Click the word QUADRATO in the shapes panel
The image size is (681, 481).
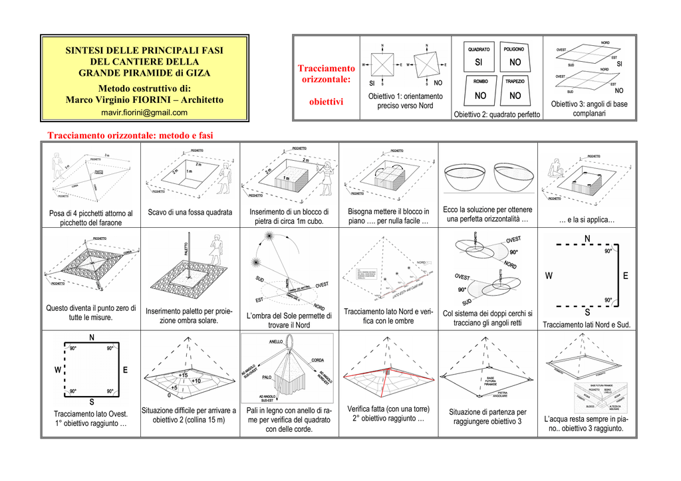click(479, 49)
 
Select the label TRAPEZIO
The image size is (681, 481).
click(515, 81)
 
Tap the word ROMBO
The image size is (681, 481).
click(480, 81)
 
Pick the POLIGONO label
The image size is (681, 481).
click(513, 49)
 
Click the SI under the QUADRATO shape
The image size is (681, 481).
click(479, 62)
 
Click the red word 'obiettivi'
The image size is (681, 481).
click(326, 102)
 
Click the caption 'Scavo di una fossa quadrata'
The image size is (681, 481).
click(190, 213)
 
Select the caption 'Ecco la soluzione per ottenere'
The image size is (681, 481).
click(487, 210)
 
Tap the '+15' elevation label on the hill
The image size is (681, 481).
click(183, 375)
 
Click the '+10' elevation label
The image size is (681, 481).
click(196, 381)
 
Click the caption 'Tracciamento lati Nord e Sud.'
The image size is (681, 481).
click(587, 325)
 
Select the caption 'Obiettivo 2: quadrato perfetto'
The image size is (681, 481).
click(497, 115)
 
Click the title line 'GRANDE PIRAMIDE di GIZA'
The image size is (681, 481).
click(144, 73)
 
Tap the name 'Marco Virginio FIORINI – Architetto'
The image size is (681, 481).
click(144, 100)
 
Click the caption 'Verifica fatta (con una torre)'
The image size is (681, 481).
click(388, 409)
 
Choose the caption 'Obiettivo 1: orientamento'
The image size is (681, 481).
click(405, 97)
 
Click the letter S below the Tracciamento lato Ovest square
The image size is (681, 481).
click(91, 403)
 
